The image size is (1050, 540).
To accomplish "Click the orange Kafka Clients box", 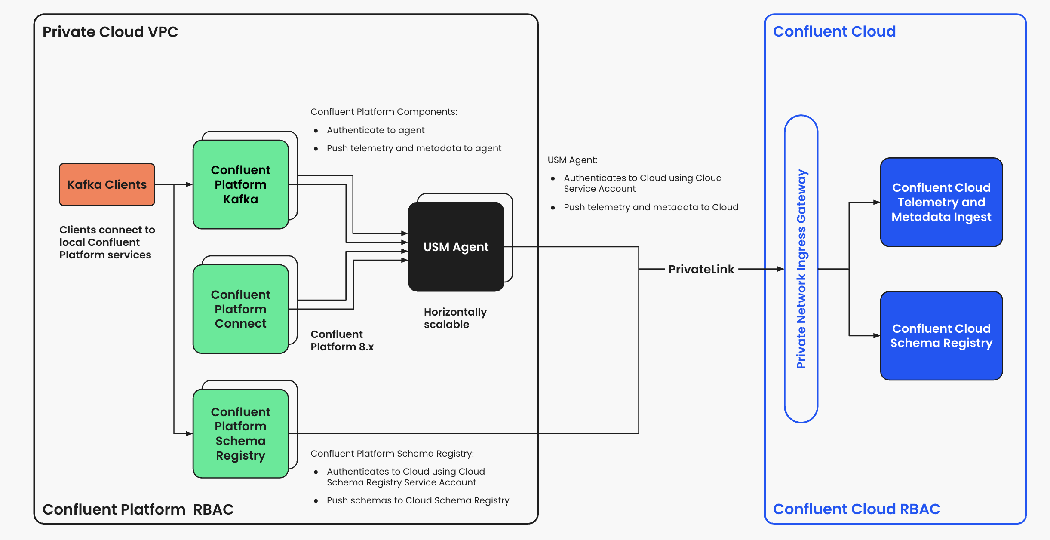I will pyautogui.click(x=107, y=184).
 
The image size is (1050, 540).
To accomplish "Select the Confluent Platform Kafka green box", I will pyautogui.click(x=240, y=184).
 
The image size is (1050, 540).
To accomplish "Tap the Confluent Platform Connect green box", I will pyautogui.click(x=240, y=309).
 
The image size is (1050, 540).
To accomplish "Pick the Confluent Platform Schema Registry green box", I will pyautogui.click(x=240, y=433).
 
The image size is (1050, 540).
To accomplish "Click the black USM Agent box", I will pyautogui.click(x=456, y=247).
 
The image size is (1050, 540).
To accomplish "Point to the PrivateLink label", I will pyautogui.click(x=701, y=269).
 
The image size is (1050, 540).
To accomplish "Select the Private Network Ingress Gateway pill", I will pyautogui.click(x=801, y=269).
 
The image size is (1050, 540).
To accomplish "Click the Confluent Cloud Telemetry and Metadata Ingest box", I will pyautogui.click(x=941, y=202).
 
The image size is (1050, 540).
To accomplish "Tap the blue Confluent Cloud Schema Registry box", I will pyautogui.click(x=941, y=336).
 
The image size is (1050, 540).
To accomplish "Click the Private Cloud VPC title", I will pyautogui.click(x=110, y=32).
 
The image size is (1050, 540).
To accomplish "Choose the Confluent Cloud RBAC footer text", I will pyautogui.click(x=857, y=509).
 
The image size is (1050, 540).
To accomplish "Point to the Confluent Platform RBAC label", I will pyautogui.click(x=138, y=509).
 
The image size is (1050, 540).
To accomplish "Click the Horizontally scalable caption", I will pyautogui.click(x=455, y=318).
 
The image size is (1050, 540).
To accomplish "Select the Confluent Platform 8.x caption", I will pyautogui.click(x=342, y=341).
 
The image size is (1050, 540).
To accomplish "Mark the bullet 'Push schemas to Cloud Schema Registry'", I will pyautogui.click(x=418, y=500).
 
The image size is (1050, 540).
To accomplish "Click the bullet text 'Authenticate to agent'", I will pyautogui.click(x=375, y=130).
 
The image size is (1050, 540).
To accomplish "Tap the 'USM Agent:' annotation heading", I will pyautogui.click(x=572, y=160).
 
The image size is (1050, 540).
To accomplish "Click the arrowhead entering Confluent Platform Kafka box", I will pyautogui.click(x=190, y=184).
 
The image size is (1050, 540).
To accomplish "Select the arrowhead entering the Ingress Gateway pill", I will pyautogui.click(x=781, y=269).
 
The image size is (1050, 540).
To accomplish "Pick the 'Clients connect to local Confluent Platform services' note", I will pyautogui.click(x=107, y=242).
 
